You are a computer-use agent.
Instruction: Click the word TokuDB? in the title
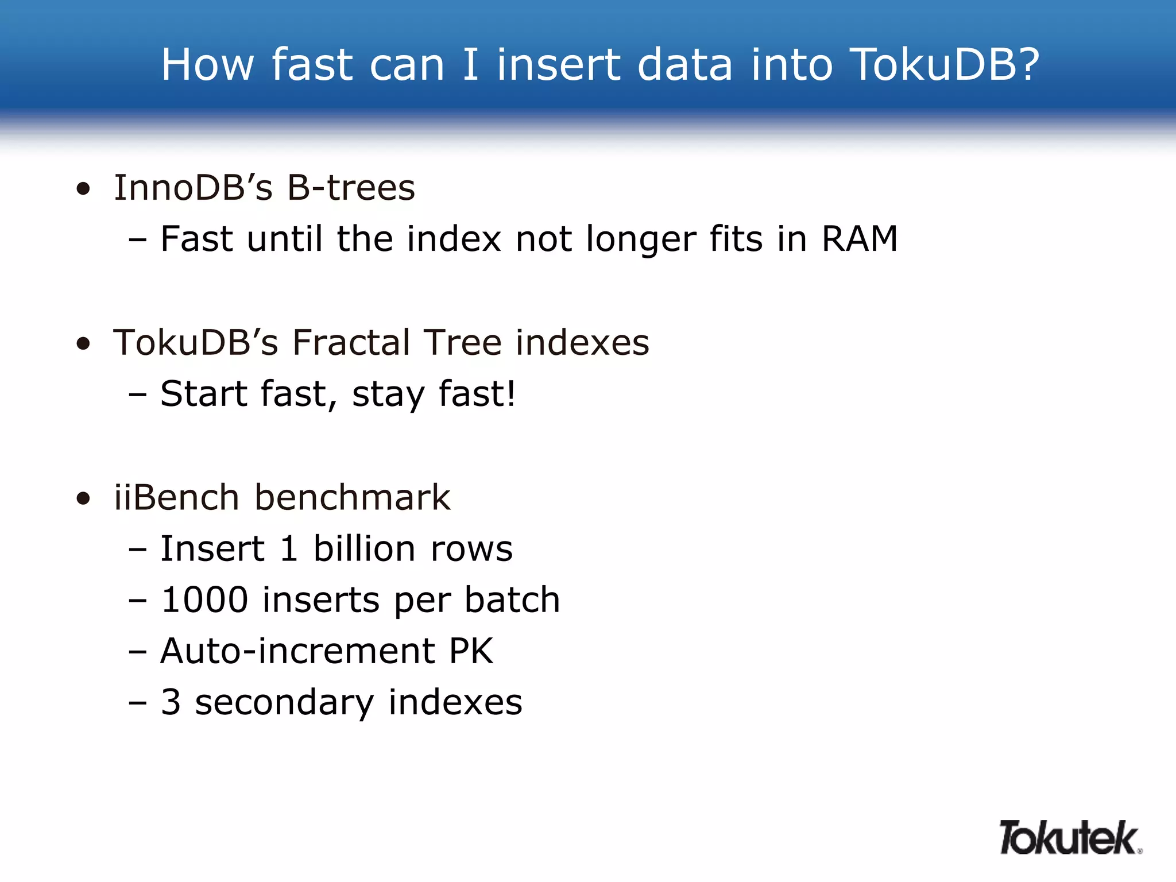click(945, 64)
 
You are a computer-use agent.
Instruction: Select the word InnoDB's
click(193, 188)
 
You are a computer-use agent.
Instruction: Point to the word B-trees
click(351, 188)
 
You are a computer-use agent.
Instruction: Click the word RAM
click(860, 239)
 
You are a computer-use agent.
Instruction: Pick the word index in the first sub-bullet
click(454, 239)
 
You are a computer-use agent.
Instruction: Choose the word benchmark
click(352, 497)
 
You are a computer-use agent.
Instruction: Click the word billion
click(365, 548)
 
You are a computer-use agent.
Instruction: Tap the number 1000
click(204, 600)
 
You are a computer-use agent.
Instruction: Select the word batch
click(512, 600)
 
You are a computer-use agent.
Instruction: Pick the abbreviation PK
click(471, 651)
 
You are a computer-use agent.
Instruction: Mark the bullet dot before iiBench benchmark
click(84, 498)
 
